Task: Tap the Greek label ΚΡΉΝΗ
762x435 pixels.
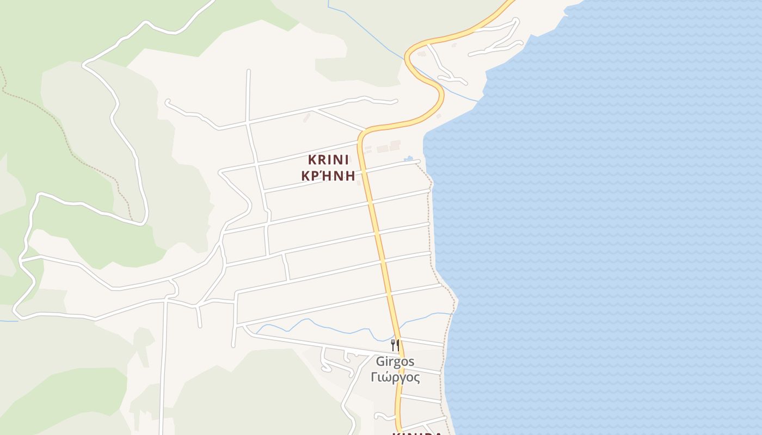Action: [328, 176]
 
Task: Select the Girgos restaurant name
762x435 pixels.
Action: [395, 362]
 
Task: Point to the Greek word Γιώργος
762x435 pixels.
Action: [395, 377]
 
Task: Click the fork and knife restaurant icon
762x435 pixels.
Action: [395, 344]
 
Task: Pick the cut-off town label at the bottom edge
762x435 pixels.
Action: [416, 433]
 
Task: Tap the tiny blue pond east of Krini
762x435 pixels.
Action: [408, 159]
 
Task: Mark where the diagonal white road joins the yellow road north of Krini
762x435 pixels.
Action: [365, 130]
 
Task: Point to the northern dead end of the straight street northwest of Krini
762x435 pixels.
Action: [248, 71]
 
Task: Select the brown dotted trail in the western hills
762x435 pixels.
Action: [65, 136]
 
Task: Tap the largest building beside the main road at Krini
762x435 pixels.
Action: [383, 148]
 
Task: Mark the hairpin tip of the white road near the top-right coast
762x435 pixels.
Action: [516, 21]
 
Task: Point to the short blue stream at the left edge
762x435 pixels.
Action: [9, 321]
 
